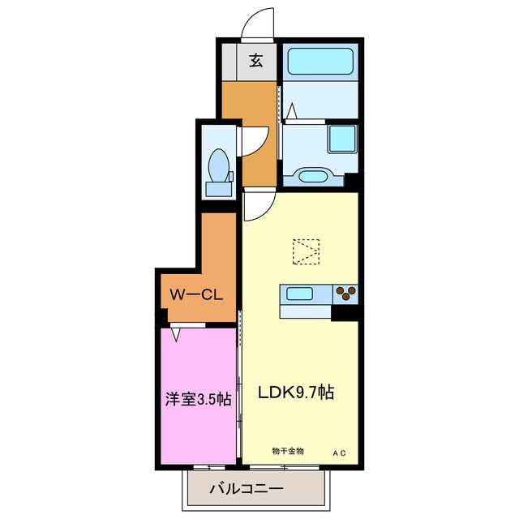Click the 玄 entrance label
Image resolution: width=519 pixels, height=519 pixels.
click(255, 59)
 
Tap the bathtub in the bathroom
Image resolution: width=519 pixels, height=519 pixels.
click(320, 60)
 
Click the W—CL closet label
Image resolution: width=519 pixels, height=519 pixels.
click(195, 294)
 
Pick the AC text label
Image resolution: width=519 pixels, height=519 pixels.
click(338, 452)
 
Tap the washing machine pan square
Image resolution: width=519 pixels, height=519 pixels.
click(341, 139)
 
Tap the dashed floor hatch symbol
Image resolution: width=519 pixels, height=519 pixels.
click(307, 251)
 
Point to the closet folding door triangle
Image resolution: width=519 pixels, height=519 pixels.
click(175, 330)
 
